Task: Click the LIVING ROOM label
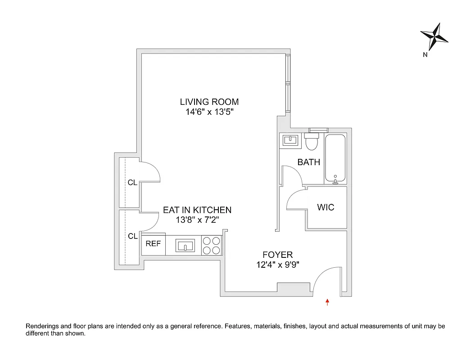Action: point(209,102)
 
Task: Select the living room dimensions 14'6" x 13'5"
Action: point(209,112)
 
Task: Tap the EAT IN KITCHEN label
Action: point(197,210)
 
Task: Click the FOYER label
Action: point(278,255)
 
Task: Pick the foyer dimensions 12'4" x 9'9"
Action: point(278,265)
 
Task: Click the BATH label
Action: point(309,162)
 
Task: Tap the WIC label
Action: point(326,207)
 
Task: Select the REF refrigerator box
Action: point(154,244)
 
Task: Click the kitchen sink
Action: point(185,246)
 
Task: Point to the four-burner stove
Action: point(212,246)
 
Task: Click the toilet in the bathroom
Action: point(312,142)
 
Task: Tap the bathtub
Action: point(335,158)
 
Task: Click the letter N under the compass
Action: point(425,55)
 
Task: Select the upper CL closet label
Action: point(132,183)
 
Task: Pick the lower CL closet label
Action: point(132,236)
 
